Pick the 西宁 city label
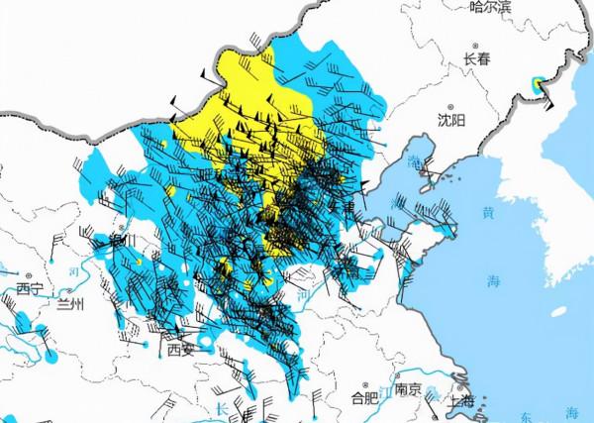30,289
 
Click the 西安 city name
181,350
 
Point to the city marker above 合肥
365,386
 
